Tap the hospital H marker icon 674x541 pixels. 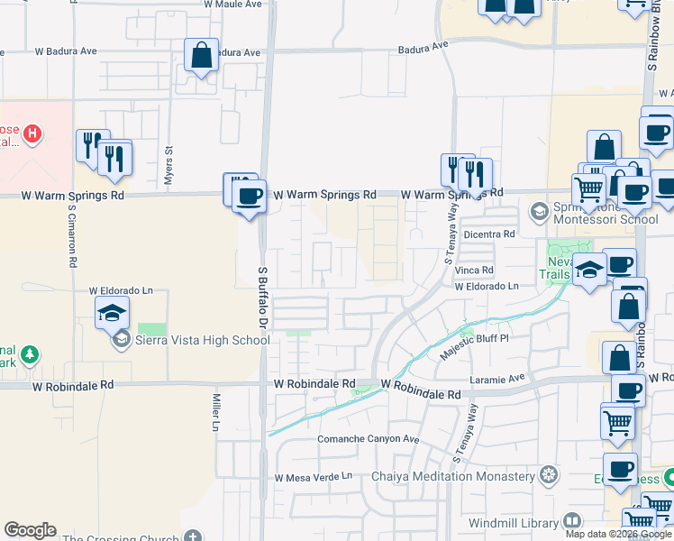point(33,135)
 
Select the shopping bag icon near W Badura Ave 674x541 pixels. point(201,55)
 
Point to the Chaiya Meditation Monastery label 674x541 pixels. point(453,476)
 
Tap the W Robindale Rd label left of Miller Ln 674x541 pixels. point(74,384)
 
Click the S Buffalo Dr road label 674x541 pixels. point(264,303)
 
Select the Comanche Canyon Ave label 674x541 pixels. point(369,439)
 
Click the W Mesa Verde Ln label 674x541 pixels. point(314,477)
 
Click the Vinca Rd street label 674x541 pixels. point(474,270)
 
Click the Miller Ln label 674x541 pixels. point(216,411)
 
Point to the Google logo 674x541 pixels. point(30,530)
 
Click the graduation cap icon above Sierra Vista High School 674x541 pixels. point(113,314)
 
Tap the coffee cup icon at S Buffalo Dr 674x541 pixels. point(250,195)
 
